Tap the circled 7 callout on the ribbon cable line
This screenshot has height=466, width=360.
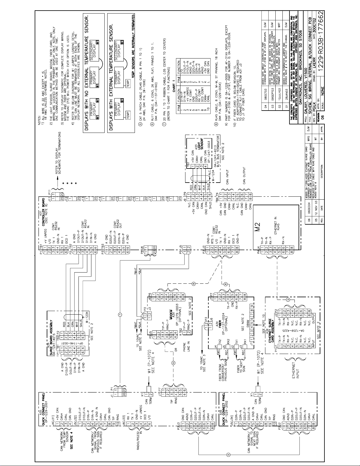click(120, 315)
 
